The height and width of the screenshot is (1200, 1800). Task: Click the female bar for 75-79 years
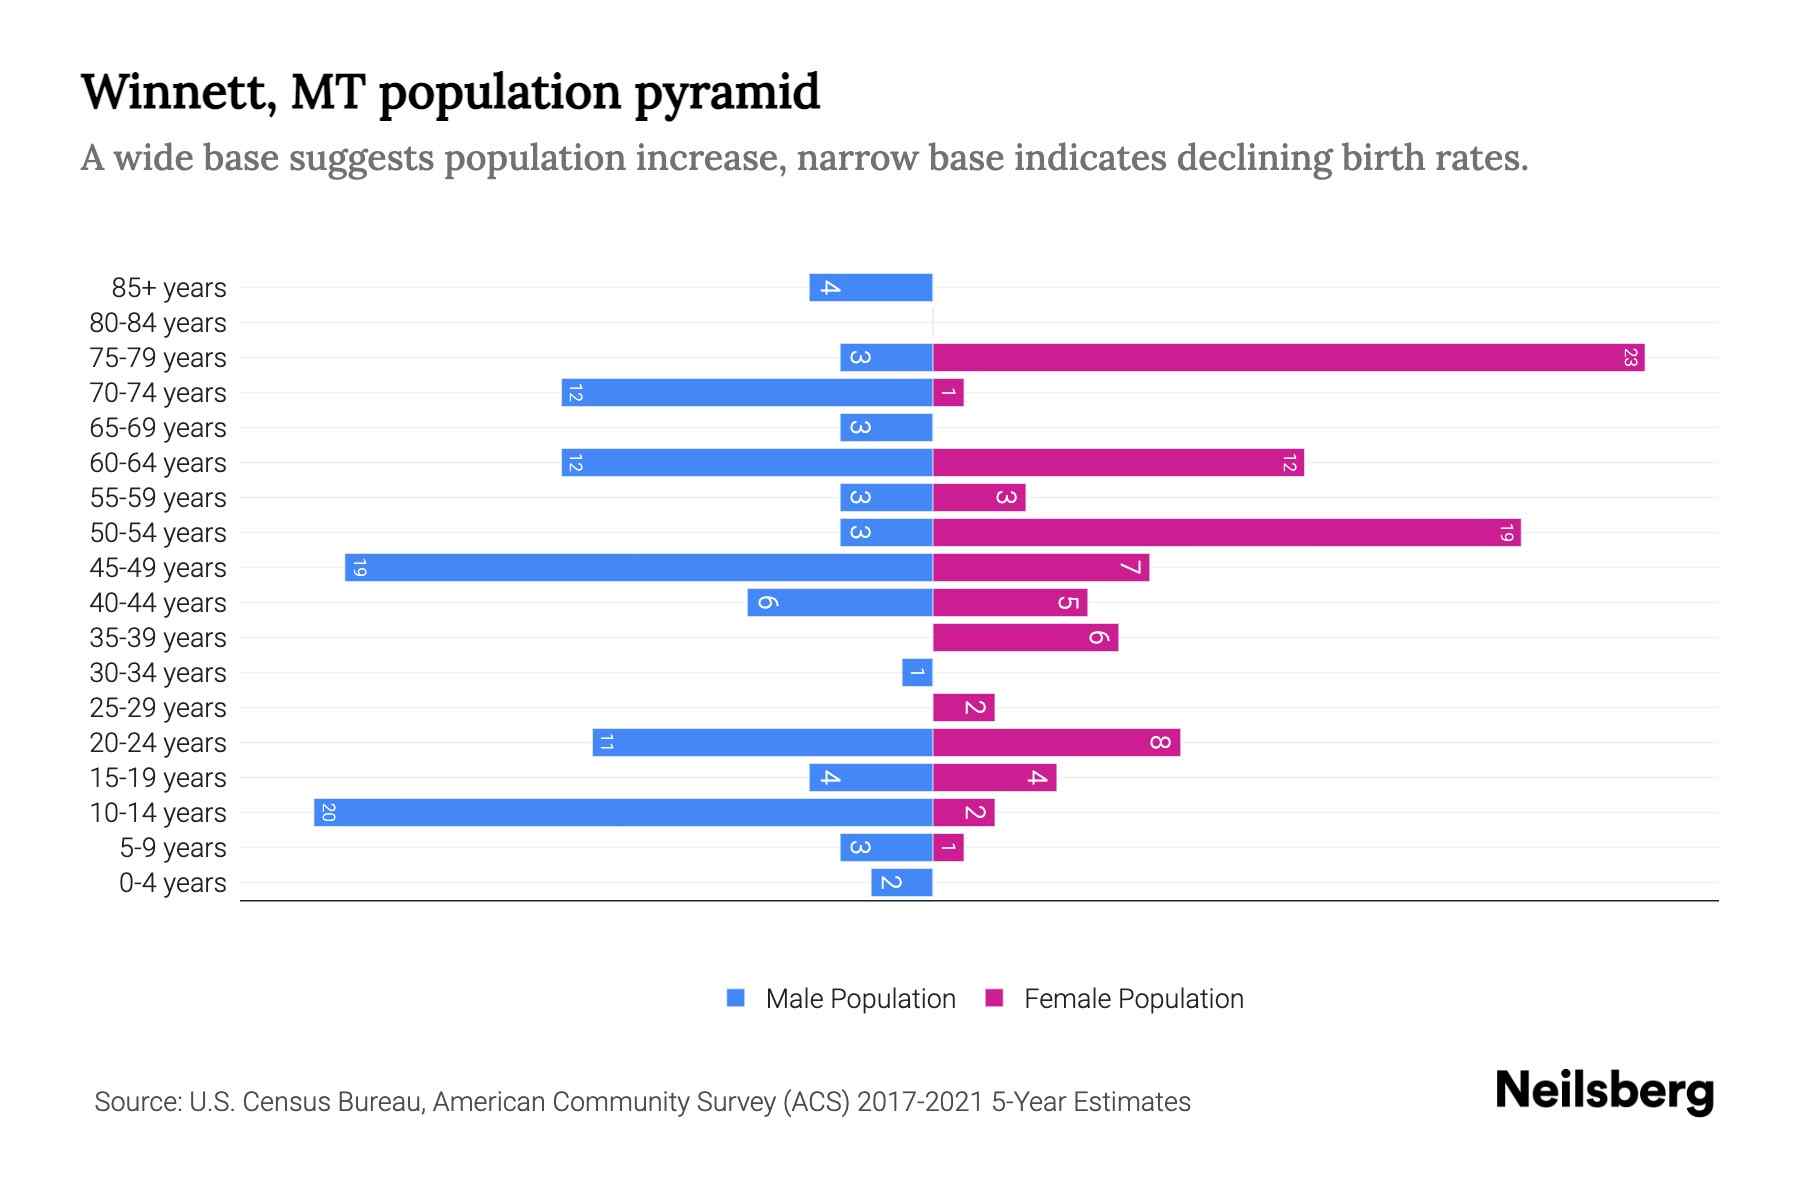(1288, 357)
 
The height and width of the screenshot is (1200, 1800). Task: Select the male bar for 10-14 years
(623, 812)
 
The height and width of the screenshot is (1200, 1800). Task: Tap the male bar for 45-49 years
(638, 567)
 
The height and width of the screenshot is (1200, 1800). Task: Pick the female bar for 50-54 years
(1226, 532)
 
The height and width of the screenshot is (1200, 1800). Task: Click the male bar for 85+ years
(870, 287)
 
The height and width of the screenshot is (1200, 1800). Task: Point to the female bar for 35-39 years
(1025, 637)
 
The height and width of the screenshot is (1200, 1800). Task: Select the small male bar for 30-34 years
(917, 672)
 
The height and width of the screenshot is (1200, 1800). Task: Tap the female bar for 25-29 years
(963, 707)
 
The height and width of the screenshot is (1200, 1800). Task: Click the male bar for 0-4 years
(901, 882)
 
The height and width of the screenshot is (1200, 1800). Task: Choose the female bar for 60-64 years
(1118, 462)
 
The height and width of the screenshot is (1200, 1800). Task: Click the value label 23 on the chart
(1630, 357)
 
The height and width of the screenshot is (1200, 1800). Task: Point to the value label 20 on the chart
(328, 812)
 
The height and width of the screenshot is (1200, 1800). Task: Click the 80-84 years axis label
(158, 323)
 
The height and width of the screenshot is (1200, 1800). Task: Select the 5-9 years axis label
(173, 848)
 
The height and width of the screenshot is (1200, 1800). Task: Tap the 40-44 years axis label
(158, 603)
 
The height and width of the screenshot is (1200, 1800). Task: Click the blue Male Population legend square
(736, 998)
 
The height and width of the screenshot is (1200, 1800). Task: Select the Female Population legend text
(1133, 998)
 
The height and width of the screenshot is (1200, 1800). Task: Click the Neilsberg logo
(1604, 1091)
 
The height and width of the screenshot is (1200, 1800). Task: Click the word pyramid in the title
(727, 93)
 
